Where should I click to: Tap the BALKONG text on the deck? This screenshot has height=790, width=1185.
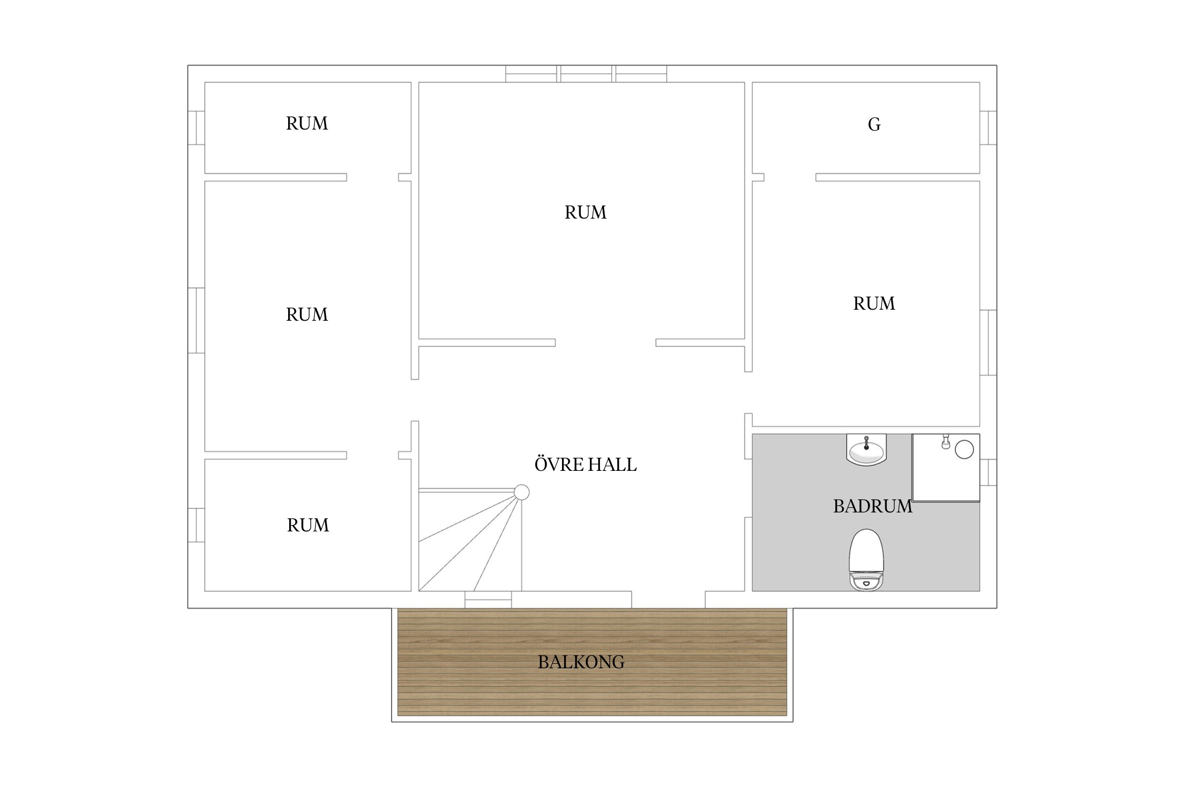[x=581, y=662]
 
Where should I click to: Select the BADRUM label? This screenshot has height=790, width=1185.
[x=873, y=506]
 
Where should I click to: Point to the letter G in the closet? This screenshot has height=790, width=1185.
[x=874, y=124]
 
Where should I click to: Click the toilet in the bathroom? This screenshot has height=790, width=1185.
[x=866, y=559]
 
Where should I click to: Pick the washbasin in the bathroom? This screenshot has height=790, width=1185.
[x=866, y=450]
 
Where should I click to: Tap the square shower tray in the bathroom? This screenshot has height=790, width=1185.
[x=946, y=468]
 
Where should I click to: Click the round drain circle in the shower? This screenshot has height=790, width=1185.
[x=964, y=449]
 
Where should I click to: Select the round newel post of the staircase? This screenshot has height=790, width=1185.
[x=521, y=492]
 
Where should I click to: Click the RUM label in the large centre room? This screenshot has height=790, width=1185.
[x=585, y=212]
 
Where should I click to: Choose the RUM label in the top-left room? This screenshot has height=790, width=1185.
[x=307, y=123]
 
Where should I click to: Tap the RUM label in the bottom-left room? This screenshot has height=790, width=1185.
[x=308, y=525]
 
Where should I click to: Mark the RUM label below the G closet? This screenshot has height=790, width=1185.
[x=874, y=303]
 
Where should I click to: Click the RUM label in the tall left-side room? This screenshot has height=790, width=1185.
[x=307, y=314]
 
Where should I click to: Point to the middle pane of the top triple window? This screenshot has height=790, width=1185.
[x=586, y=74]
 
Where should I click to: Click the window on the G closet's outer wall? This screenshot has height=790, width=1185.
[x=988, y=127]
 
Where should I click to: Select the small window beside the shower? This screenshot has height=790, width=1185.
[x=988, y=472]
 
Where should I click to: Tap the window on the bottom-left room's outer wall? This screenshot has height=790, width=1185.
[x=196, y=525]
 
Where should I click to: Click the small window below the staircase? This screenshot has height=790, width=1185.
[x=488, y=599]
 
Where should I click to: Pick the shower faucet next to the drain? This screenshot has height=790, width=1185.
[x=946, y=442]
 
